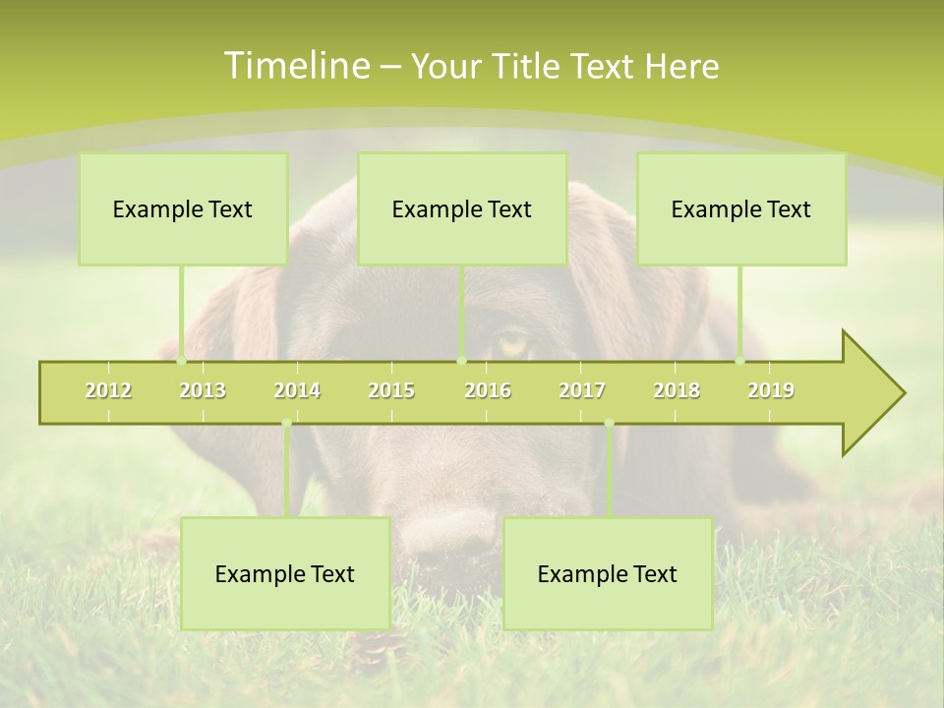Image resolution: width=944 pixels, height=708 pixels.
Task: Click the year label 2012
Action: click(108, 390)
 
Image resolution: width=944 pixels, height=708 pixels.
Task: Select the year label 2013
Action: click(203, 390)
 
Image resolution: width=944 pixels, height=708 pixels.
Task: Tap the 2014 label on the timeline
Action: click(297, 390)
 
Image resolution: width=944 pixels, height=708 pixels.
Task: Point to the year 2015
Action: click(391, 390)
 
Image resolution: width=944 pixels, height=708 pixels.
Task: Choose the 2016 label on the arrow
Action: click(488, 390)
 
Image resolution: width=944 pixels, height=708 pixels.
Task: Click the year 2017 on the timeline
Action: click(582, 390)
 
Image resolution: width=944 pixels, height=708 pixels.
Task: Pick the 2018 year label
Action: click(677, 390)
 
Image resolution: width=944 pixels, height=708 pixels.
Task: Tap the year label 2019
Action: click(771, 390)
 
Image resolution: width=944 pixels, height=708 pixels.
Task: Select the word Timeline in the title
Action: click(294, 66)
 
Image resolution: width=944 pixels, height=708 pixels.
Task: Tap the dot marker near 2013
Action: click(181, 361)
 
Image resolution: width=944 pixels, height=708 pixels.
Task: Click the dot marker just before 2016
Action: click(461, 361)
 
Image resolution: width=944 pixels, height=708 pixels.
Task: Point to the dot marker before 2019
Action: click(740, 361)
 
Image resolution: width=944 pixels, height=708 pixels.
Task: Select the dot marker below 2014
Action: click(286, 423)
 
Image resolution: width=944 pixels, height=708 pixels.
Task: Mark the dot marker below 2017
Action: click(609, 423)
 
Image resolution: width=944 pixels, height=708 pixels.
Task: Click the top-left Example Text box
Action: click(183, 208)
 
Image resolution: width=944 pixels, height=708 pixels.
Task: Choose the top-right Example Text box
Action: click(741, 208)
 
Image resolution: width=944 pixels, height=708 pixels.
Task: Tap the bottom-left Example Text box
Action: click(285, 573)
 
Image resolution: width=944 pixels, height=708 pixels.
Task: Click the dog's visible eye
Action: click(512, 343)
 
